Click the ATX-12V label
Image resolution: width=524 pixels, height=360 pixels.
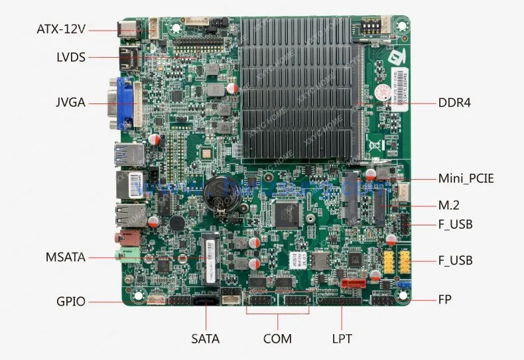61,29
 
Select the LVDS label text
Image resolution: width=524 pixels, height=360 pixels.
71,57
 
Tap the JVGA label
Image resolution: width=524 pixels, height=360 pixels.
70,103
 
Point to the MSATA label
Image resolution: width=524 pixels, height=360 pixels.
65,257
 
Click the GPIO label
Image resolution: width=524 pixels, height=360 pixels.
70,302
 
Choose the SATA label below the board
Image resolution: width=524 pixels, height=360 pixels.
205,339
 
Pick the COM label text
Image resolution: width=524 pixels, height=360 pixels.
277,339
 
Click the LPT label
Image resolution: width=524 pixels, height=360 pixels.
342,339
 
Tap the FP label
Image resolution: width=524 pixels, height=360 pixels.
444,300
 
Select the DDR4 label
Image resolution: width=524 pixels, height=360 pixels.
454,103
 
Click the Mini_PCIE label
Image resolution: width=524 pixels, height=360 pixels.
466,178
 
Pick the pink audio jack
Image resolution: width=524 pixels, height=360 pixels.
124,237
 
